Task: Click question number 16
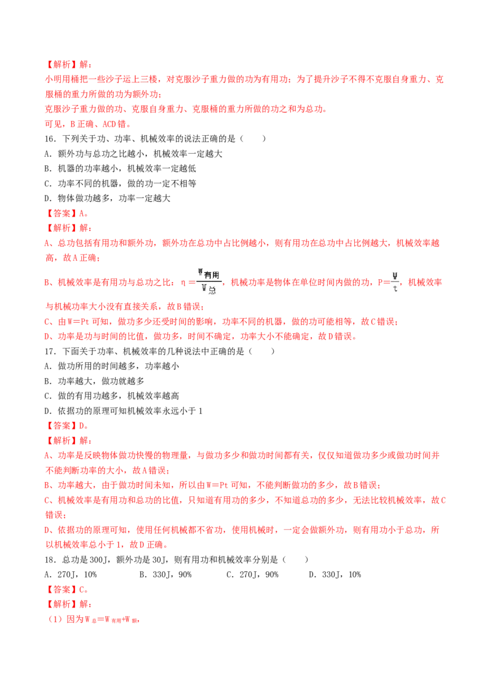[50, 139]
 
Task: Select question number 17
[50, 352]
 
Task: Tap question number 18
[50, 560]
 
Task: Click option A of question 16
[133, 154]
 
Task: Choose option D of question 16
[108, 199]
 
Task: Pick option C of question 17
[112, 396]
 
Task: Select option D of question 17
[124, 411]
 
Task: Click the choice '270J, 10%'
[71, 575]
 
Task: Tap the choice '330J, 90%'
[165, 575]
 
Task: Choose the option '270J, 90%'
[253, 575]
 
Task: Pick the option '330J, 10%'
[335, 575]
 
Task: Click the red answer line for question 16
[66, 213]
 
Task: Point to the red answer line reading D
[66, 426]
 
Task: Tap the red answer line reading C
[66, 590]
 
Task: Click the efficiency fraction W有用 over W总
[209, 282]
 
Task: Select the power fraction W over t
[395, 282]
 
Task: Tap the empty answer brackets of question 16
[253, 139]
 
